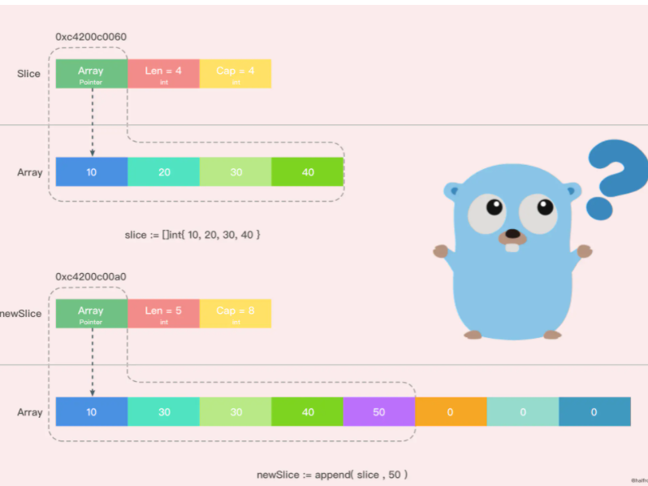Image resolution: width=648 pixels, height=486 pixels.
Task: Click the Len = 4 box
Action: [x=163, y=74]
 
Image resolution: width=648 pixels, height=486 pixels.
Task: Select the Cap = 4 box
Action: [x=235, y=74]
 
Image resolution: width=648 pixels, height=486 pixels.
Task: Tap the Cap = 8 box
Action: [x=235, y=314]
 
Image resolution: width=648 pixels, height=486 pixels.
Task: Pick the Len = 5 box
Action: [x=163, y=314]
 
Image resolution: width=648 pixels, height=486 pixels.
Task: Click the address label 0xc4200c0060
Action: [x=91, y=37]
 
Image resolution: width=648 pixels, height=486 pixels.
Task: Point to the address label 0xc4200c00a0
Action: [x=91, y=277]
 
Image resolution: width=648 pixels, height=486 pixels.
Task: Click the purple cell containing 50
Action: [x=379, y=412]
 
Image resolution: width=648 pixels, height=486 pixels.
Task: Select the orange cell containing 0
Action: [x=451, y=412]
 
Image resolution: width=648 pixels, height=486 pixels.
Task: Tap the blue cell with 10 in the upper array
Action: [x=92, y=172]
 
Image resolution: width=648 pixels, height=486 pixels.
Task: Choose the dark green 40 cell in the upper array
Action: [x=308, y=172]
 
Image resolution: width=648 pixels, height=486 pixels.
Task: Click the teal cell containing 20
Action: [x=163, y=172]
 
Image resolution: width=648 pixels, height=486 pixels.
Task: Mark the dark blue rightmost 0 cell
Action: [x=594, y=412]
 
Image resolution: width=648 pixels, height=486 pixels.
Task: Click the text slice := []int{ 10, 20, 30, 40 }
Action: [x=192, y=235]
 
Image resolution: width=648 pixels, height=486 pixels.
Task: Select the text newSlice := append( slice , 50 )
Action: [x=332, y=474]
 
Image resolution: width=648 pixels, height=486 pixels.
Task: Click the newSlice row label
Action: [x=22, y=314]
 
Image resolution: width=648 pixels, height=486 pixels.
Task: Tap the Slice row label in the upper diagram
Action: [x=28, y=74]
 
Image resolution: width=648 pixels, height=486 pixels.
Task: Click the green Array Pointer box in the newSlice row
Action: [x=91, y=314]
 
